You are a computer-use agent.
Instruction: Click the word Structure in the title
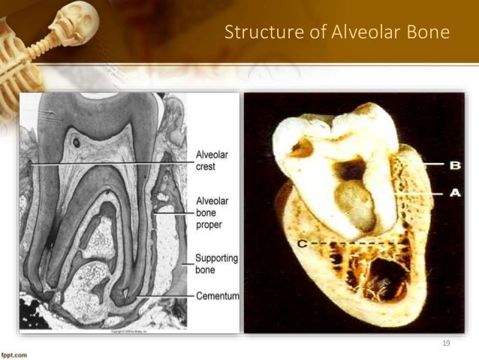tap(254, 34)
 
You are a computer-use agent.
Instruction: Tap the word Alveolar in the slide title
tap(340, 34)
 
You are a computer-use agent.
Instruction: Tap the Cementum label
tap(217, 296)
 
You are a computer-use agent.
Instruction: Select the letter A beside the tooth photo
tap(454, 192)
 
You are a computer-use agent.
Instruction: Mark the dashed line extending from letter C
tap(353, 244)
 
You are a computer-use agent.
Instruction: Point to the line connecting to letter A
tap(420, 193)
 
